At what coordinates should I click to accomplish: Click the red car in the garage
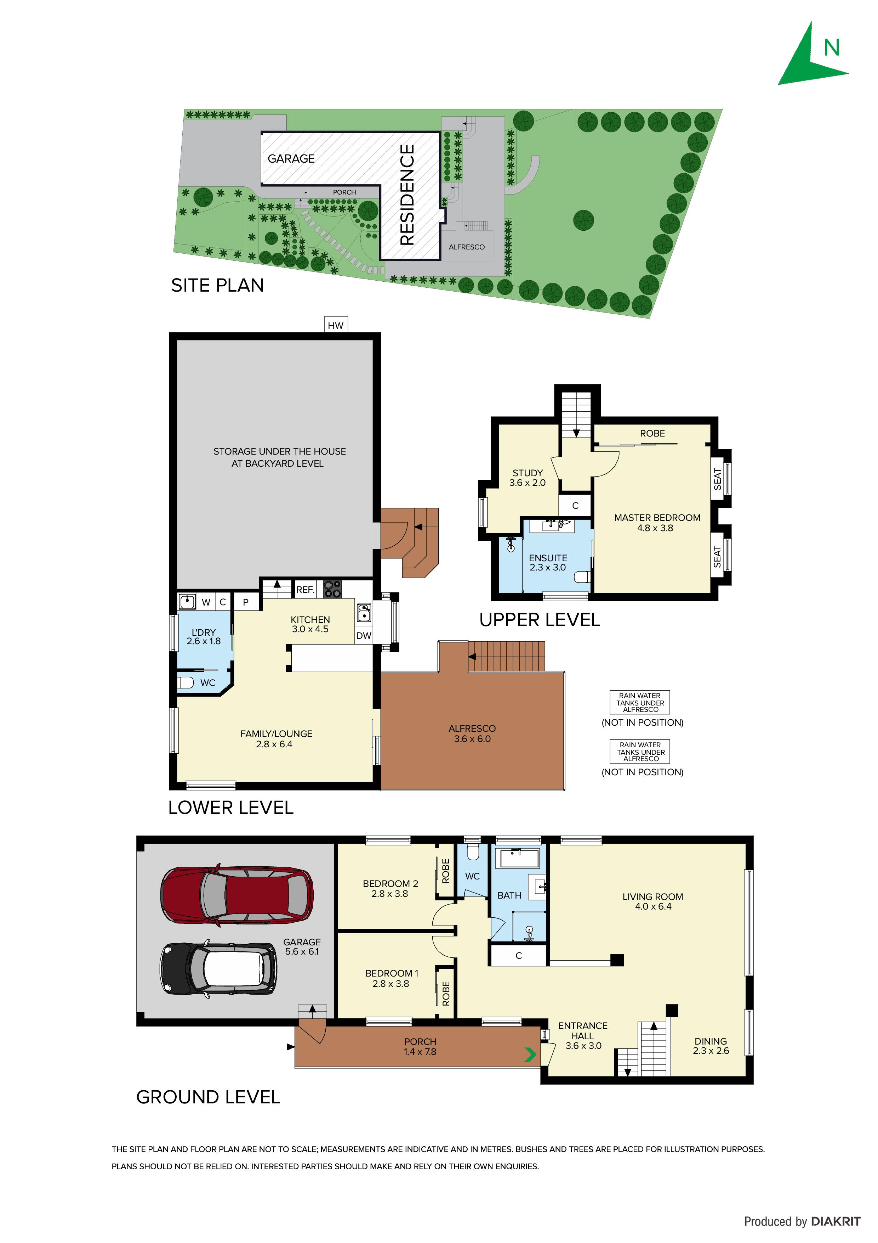(236, 894)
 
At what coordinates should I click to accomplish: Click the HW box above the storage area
(335, 325)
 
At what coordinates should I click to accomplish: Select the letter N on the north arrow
(832, 48)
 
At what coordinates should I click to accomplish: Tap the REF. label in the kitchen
(306, 590)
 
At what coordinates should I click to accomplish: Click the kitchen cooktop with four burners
(332, 589)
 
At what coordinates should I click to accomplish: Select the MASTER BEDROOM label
(657, 518)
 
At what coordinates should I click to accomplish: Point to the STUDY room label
(528, 473)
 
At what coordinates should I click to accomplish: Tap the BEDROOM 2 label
(390, 883)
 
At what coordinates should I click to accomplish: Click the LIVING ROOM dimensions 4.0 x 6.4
(653, 906)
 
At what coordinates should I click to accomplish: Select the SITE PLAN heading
(217, 285)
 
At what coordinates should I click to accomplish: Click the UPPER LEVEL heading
(539, 620)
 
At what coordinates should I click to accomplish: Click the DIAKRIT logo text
(835, 1221)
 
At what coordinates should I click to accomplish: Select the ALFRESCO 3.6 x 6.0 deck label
(472, 733)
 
